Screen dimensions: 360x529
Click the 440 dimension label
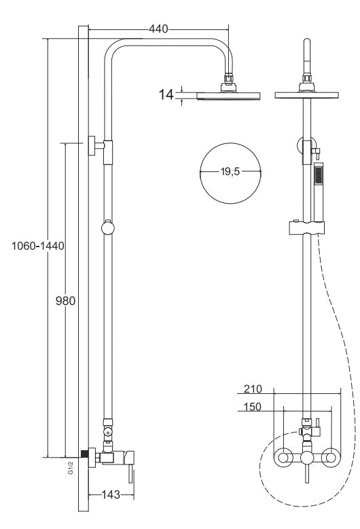[158, 29]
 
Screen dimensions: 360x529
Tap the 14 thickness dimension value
[166, 95]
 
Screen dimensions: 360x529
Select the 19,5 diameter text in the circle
[230, 172]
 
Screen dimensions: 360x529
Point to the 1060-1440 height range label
[38, 246]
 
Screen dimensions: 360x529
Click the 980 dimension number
[65, 301]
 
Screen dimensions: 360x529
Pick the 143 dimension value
[111, 494]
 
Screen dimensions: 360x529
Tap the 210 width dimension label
[253, 389]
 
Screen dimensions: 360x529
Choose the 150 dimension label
[253, 407]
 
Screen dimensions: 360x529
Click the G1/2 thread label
[71, 469]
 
